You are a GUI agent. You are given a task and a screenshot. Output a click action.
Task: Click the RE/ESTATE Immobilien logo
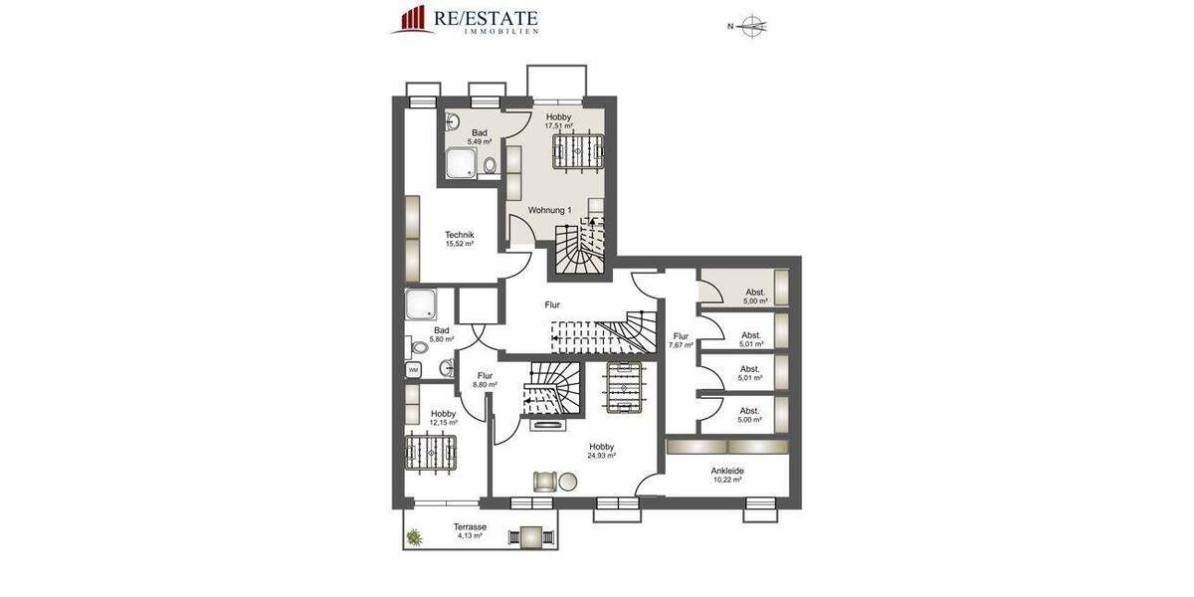[x=465, y=20]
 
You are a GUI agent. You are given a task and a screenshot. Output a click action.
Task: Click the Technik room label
[x=459, y=235]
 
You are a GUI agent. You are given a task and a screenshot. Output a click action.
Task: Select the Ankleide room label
[x=727, y=471]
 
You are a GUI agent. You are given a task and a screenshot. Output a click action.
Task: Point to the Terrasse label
[x=469, y=526]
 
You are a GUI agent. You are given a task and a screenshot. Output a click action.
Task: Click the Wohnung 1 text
[x=549, y=210]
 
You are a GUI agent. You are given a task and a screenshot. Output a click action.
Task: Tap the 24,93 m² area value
[x=601, y=456]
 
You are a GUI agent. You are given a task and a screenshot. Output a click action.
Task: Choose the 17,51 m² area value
[x=558, y=126]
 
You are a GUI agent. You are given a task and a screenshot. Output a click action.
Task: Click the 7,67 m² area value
[x=681, y=345]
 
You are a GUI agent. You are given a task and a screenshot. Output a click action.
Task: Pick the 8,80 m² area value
[x=485, y=384]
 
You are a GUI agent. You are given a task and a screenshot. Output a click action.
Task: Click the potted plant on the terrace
[x=414, y=537]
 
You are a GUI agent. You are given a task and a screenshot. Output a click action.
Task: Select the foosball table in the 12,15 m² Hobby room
[x=430, y=454]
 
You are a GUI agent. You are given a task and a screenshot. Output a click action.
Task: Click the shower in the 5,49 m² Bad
[x=461, y=163]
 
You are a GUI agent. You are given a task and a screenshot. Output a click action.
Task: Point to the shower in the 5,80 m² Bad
[x=419, y=303]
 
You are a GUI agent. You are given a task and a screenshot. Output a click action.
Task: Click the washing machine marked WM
[x=413, y=369]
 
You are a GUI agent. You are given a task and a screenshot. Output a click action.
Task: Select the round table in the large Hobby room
[x=567, y=481]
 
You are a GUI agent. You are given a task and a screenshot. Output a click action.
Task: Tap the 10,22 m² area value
[x=727, y=480]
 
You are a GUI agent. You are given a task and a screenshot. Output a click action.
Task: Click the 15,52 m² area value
[x=459, y=244]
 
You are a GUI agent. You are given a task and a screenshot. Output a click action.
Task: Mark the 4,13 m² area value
[x=469, y=535]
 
